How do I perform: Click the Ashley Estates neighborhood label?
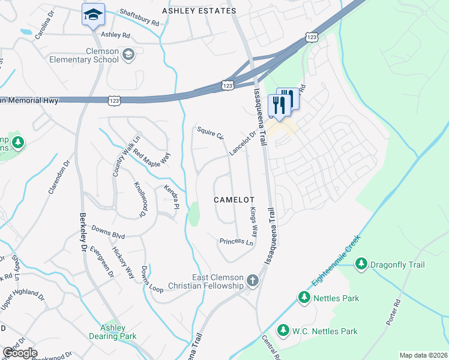(x=199, y=11)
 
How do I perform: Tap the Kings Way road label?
(x=253, y=223)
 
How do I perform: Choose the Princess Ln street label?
(x=237, y=242)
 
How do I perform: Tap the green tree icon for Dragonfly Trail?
(x=361, y=264)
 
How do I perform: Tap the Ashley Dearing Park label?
(x=113, y=332)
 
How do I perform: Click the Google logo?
(x=20, y=353)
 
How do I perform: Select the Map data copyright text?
(x=423, y=355)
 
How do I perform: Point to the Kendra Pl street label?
(x=172, y=197)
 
